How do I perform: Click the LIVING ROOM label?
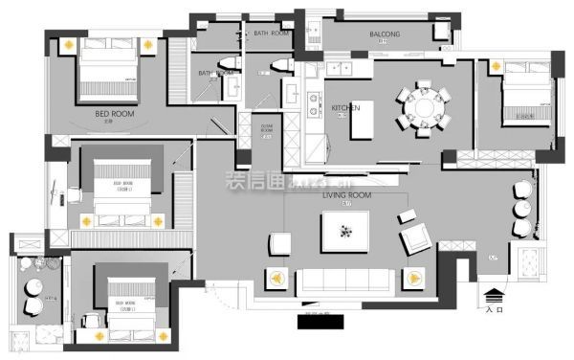click(346, 194)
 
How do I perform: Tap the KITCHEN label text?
click(345, 108)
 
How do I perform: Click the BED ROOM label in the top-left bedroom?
click(115, 113)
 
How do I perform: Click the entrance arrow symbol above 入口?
click(494, 296)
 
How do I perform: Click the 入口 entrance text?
click(494, 310)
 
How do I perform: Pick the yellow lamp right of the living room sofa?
click(416, 279)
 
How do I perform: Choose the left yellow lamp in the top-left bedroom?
click(70, 43)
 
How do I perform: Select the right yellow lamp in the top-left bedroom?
click(148, 43)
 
